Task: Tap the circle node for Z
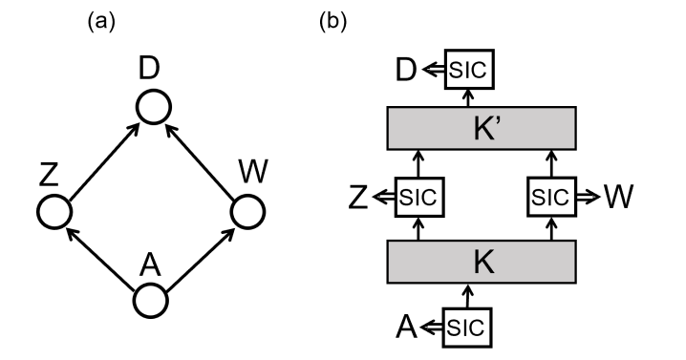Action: click(55, 210)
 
